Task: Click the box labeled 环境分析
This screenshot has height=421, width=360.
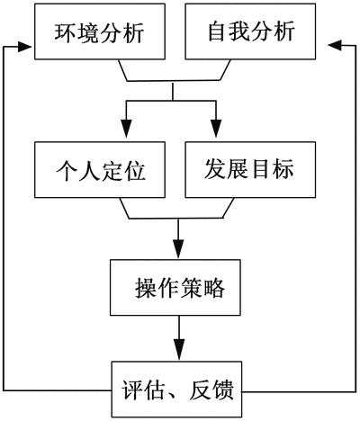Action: coord(100,31)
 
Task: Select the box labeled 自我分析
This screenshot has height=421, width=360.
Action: coord(250,31)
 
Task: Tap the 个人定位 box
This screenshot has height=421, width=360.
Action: coord(100,170)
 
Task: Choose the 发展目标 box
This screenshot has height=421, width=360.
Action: coord(250,170)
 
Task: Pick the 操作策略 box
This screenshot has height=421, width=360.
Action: coord(175,287)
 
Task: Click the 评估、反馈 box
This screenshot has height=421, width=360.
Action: coord(177,390)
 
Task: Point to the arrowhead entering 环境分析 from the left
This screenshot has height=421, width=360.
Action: coord(25,47)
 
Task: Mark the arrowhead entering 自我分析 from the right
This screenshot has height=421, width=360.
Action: coord(336,45)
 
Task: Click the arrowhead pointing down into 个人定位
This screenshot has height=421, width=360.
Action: coord(126,129)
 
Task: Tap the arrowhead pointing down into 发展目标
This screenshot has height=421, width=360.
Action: coord(216,129)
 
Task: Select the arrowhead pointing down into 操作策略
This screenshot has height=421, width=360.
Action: coord(179,248)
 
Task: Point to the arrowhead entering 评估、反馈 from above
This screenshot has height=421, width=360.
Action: coord(179,350)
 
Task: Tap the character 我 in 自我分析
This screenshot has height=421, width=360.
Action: coord(239,31)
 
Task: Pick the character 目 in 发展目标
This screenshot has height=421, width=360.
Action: coord(261,168)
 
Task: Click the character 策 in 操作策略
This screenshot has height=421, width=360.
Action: coord(191,288)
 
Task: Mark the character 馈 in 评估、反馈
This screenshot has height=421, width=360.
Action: coord(223,390)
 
